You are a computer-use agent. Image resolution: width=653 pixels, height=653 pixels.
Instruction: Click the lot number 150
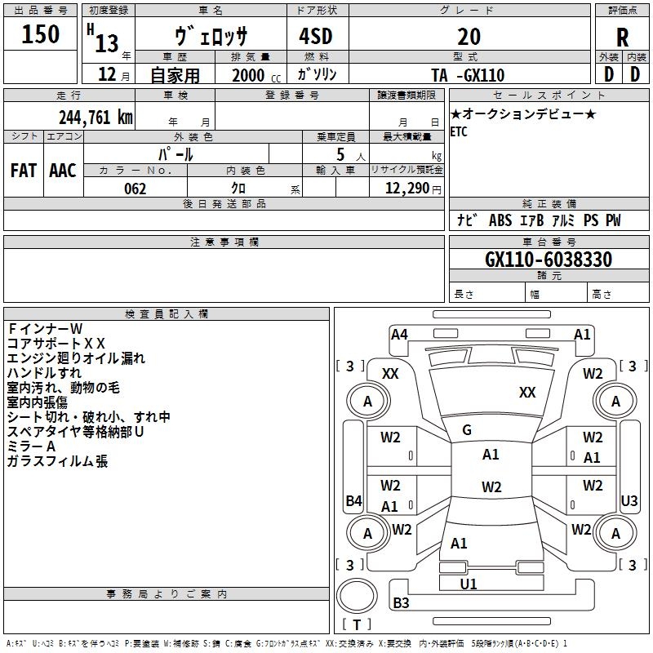pos(41,34)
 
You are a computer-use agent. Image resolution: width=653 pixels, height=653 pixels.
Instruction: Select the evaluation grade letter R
pos(622,37)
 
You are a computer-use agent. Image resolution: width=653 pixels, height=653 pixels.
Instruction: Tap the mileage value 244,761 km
pos(96,118)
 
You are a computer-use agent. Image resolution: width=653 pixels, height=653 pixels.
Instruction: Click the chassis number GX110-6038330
pos(549,260)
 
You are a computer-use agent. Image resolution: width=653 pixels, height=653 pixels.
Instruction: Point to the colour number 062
pos(135,189)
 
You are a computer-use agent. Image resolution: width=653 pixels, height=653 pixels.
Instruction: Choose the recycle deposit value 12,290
pos(406,189)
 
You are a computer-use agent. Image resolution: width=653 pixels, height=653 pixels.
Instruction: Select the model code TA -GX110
pos(468,75)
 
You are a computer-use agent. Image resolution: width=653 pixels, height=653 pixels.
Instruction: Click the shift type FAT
pos(23,170)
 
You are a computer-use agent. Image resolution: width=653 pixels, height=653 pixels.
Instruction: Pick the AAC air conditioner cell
pos(63,170)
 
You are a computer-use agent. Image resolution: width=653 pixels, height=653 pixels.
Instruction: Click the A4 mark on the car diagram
pos(399,334)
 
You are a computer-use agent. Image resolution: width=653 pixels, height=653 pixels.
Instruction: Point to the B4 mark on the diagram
pos(353,501)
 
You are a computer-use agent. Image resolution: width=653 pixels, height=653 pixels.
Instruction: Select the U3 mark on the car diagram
pos(629,500)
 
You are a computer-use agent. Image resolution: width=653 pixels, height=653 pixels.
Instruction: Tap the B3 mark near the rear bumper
pos(401,603)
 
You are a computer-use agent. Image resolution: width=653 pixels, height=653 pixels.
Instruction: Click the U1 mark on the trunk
pos(469,584)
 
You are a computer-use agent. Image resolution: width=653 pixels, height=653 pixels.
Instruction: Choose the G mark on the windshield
pos(467,430)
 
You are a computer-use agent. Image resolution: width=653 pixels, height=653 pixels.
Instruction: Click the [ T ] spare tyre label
pos(357,625)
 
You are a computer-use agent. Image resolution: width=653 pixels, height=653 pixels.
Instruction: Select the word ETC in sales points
pos(459,132)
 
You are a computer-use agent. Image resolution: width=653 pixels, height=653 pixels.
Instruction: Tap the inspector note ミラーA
pos(31,446)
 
